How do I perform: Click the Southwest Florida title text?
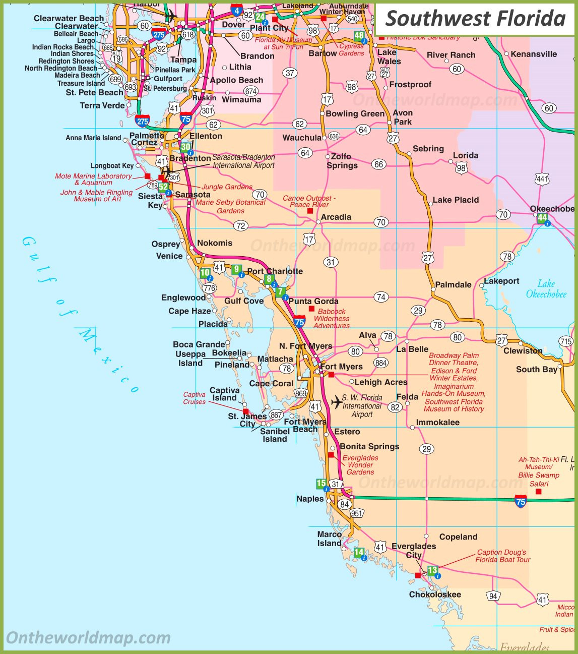click(x=475, y=19)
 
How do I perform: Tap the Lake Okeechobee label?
click(x=546, y=289)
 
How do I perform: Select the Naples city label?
click(x=310, y=499)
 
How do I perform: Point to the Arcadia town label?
click(x=336, y=217)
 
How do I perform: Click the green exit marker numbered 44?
click(x=542, y=218)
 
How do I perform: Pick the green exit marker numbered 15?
click(x=321, y=484)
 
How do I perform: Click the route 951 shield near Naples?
click(x=357, y=513)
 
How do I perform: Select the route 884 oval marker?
click(x=381, y=363)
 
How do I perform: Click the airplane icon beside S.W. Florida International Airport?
click(x=336, y=402)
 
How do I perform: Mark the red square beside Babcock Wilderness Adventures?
click(x=311, y=309)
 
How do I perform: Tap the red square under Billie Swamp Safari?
click(x=538, y=491)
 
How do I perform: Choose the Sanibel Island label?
click(x=275, y=435)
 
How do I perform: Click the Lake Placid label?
click(x=456, y=200)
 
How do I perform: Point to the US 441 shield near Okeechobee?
click(x=542, y=179)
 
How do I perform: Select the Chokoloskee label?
click(x=435, y=594)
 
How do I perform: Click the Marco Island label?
click(x=329, y=539)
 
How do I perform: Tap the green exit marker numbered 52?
click(x=163, y=187)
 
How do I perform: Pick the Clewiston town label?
click(x=523, y=350)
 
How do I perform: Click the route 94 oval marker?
click(x=493, y=596)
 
